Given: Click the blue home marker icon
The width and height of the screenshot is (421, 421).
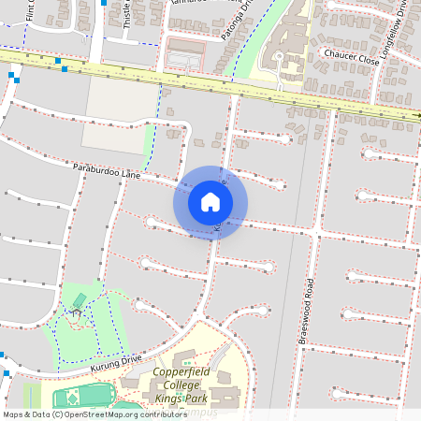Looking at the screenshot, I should tap(210, 202).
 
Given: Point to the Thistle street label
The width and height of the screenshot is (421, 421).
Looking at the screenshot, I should tap(128, 16).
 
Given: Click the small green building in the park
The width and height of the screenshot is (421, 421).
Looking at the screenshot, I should tap(80, 299).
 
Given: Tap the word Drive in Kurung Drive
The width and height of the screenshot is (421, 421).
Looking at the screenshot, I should tap(130, 360).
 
